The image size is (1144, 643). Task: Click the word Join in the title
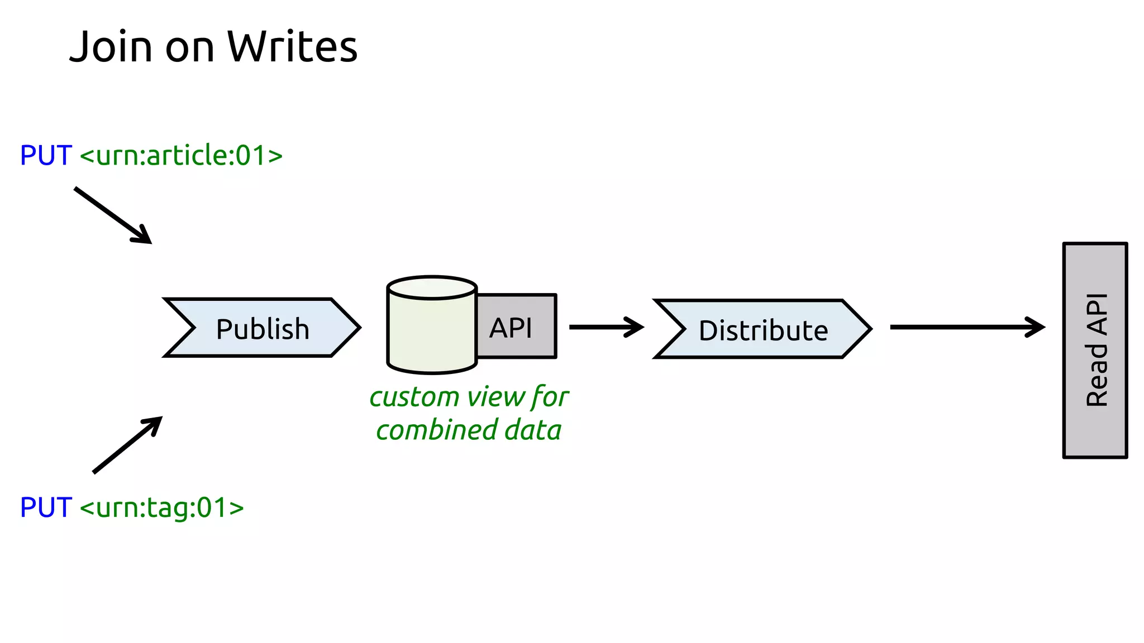click(x=111, y=47)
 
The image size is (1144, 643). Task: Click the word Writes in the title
click(x=292, y=47)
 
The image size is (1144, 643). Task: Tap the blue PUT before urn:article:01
click(x=46, y=155)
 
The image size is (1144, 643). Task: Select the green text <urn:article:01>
click(x=181, y=155)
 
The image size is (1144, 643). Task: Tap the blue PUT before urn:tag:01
click(x=46, y=507)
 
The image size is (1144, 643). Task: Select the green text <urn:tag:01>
click(x=162, y=507)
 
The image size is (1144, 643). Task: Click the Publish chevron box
click(x=262, y=328)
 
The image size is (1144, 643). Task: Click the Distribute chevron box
click(x=762, y=330)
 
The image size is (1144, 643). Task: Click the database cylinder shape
click(x=431, y=335)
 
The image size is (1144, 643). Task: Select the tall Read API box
click(x=1095, y=350)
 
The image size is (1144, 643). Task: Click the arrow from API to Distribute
click(x=606, y=327)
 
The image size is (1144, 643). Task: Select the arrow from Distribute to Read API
click(x=966, y=327)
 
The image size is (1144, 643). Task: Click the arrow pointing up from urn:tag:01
click(x=127, y=445)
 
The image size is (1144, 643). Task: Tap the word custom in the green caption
click(x=414, y=397)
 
